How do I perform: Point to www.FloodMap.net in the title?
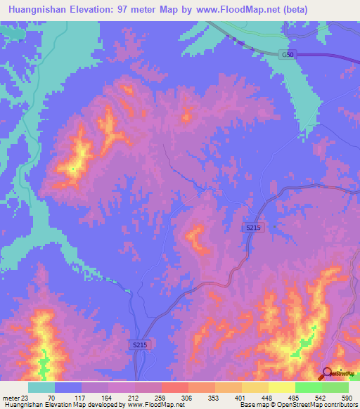tap(243, 11)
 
